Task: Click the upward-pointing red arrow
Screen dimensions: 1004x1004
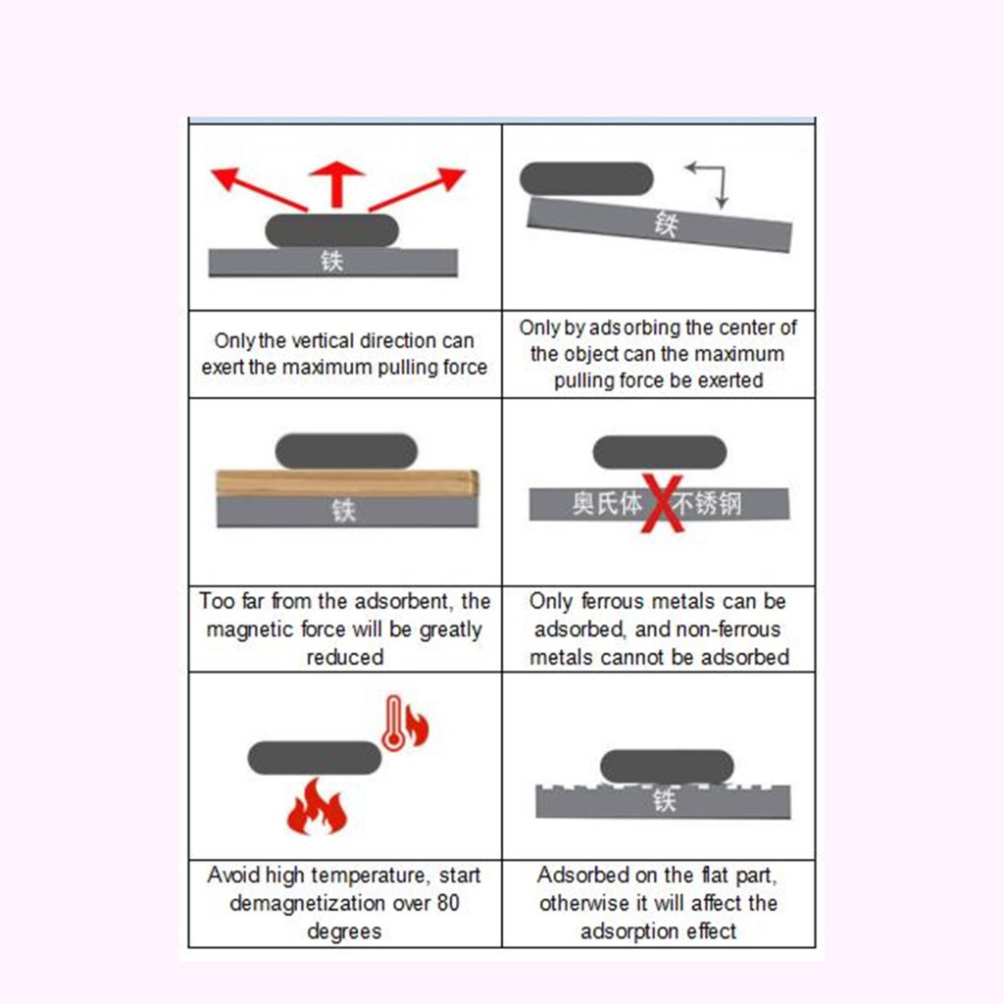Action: pyautogui.click(x=336, y=183)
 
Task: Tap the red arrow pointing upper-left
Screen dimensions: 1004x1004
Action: pyautogui.click(x=259, y=188)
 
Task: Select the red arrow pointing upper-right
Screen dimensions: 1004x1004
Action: pyautogui.click(x=417, y=189)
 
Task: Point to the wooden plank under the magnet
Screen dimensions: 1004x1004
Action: pyautogui.click(x=347, y=483)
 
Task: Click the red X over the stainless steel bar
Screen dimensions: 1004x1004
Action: pyautogui.click(x=663, y=503)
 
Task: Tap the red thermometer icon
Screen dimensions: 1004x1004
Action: pyautogui.click(x=392, y=723)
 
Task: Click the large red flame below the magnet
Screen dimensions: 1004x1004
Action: pyautogui.click(x=317, y=807)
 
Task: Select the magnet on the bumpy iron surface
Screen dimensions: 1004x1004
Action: pyautogui.click(x=667, y=767)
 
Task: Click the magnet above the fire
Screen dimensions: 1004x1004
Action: pyautogui.click(x=315, y=758)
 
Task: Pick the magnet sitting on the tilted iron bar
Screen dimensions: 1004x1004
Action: pyautogui.click(x=586, y=178)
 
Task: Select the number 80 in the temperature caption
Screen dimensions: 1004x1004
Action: pyautogui.click(x=448, y=903)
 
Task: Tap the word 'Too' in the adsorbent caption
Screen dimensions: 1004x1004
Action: pyautogui.click(x=217, y=601)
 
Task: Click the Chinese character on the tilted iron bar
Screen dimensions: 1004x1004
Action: pyautogui.click(x=666, y=225)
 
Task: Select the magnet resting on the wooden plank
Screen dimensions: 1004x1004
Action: pyautogui.click(x=346, y=451)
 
